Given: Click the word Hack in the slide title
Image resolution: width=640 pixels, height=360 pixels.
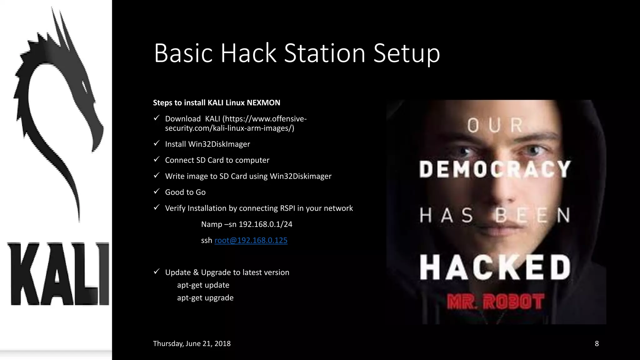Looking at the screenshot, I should [x=248, y=53].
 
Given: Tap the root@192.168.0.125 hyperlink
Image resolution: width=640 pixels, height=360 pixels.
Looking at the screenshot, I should [x=251, y=240].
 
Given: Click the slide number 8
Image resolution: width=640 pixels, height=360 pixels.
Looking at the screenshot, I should [x=597, y=343].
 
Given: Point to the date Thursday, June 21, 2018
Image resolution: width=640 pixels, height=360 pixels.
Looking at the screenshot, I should [x=192, y=343].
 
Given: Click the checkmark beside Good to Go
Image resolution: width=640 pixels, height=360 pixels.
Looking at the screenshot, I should [x=157, y=191].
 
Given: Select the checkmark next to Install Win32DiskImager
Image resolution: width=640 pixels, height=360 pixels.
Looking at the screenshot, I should [x=157, y=143].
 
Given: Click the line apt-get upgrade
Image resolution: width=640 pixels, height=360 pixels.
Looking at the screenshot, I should [x=205, y=298].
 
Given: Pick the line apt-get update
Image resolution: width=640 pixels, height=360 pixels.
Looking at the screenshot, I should [x=203, y=285].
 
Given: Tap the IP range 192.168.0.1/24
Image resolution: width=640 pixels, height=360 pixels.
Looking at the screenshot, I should [x=265, y=224].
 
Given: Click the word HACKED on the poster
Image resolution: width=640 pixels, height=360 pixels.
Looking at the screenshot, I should [x=495, y=267].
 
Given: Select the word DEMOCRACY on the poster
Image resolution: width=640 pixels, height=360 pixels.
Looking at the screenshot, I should [x=495, y=169].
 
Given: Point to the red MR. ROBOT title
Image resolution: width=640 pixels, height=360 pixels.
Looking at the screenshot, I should [x=496, y=302].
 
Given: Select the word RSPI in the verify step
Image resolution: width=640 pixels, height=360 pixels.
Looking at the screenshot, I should [x=287, y=208].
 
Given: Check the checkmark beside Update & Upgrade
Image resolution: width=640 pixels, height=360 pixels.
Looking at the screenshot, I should [x=157, y=272].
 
